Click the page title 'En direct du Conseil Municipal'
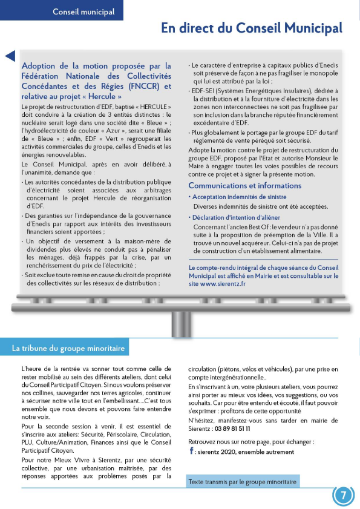(x=251, y=28)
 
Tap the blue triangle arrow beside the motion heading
(x=10, y=56)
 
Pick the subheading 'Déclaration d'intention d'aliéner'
(x=240, y=217)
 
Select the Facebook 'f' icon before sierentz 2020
(x=191, y=452)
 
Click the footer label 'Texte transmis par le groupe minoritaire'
(x=243, y=482)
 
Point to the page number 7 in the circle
(x=343, y=496)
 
